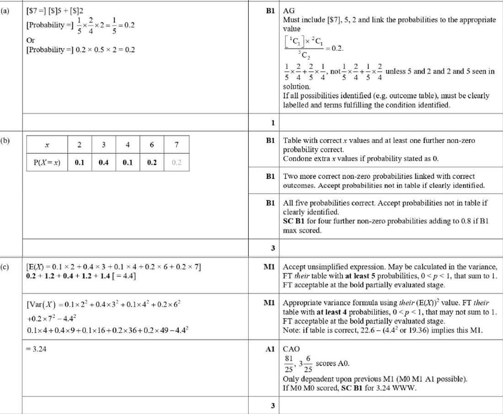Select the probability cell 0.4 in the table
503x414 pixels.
pos(103,162)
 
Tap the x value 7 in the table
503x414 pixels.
pos(177,145)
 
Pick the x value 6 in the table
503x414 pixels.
pos(152,145)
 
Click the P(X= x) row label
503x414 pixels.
pos(47,162)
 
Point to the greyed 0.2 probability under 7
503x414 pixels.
pos(177,162)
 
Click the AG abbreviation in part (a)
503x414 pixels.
pos(289,10)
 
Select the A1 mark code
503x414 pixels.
pos(269,349)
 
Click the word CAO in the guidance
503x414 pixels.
pos(291,349)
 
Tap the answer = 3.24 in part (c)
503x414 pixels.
pos(36,349)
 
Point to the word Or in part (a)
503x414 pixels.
pos(30,40)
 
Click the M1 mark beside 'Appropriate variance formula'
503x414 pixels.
pos(269,303)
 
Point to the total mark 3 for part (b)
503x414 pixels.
pos(273,248)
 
